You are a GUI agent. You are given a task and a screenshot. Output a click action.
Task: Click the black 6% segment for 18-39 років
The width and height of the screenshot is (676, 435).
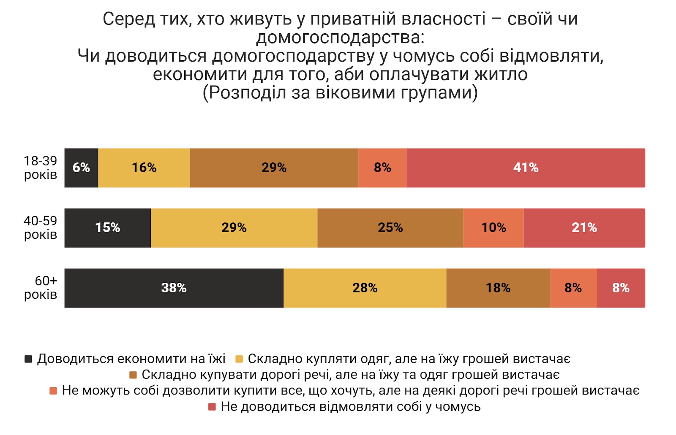pos(81,168)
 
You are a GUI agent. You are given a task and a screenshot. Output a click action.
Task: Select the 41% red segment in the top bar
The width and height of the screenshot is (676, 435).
pos(526,168)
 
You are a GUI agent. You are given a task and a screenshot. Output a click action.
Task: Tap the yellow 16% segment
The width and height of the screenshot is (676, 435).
pos(144,168)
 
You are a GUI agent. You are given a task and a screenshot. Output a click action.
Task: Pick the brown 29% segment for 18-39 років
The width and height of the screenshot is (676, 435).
pos(274,168)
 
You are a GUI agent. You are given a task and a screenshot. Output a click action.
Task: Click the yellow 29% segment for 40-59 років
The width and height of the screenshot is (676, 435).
pos(234,228)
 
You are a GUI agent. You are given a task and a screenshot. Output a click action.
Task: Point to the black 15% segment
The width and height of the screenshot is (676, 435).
pos(107,228)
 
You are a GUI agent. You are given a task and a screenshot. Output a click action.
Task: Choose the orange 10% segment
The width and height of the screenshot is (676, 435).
pos(493,228)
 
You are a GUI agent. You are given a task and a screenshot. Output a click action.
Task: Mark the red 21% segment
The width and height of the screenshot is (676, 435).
pos(584,228)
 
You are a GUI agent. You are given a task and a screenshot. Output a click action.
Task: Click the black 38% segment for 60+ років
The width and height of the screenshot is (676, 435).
pos(174,288)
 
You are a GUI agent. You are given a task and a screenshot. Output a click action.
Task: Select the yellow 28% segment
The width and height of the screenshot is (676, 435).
pos(365,288)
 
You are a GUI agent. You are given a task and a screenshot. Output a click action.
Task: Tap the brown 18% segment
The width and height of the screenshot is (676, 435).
pos(498,288)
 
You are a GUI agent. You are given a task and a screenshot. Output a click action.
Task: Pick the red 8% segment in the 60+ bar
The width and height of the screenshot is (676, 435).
pos(621,288)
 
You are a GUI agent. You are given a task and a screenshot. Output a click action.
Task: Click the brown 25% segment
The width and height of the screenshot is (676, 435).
pos(390,228)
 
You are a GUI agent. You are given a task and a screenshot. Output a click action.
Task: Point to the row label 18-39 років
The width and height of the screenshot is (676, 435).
pos(41,168)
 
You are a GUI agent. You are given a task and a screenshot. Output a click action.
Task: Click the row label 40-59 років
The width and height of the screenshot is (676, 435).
pos(41,227)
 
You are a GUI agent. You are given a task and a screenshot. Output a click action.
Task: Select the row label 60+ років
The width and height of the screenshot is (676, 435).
pos(41,287)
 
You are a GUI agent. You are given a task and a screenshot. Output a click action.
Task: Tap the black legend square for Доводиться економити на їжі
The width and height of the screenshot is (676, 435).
pos(28,359)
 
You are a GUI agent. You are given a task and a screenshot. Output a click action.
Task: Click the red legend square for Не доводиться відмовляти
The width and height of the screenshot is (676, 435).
pos(212,407)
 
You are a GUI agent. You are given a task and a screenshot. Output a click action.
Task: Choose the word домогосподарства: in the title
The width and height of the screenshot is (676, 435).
pos(340,38)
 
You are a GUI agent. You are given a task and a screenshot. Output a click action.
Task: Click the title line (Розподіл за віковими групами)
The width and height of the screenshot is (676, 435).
pos(340,92)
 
